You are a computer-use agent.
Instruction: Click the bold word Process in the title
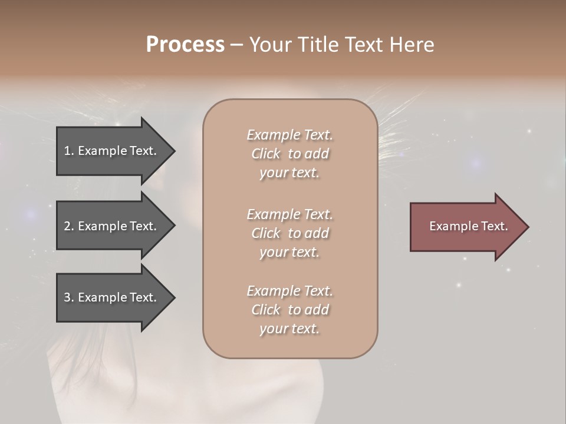tap(185, 45)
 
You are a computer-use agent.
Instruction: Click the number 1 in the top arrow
tap(68, 151)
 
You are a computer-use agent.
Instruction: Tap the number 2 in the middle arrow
tap(68, 226)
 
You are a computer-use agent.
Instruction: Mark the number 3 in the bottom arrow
tap(68, 297)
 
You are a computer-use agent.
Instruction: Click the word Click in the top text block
tap(265, 154)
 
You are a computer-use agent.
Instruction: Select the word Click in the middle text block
tap(265, 233)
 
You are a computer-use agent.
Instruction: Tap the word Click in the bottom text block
tap(265, 310)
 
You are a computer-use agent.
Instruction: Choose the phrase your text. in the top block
tap(289, 173)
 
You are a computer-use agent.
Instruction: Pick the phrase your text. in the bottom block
tap(289, 329)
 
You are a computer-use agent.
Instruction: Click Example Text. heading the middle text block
tap(289, 214)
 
